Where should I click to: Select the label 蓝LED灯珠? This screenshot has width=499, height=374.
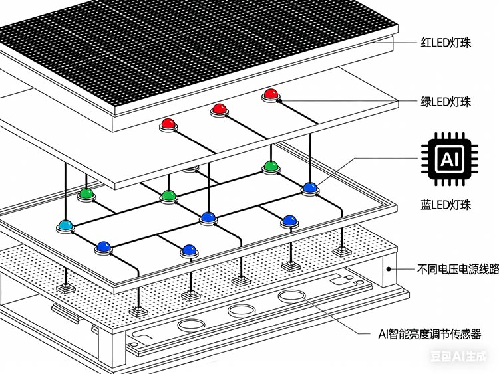(446, 205)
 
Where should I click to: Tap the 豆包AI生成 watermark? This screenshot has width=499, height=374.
(463, 356)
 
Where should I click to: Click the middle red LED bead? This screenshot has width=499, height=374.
(219, 109)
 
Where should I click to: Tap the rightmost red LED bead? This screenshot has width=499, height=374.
(269, 94)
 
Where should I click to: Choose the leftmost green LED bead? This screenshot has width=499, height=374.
(85, 194)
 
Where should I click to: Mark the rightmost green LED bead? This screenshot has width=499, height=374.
(269, 165)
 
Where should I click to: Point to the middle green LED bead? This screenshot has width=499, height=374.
(168, 195)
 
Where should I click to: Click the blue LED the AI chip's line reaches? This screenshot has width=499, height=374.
(309, 188)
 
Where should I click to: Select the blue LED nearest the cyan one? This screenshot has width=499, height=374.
(103, 246)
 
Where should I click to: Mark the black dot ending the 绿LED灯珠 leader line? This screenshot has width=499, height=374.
(280, 101)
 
